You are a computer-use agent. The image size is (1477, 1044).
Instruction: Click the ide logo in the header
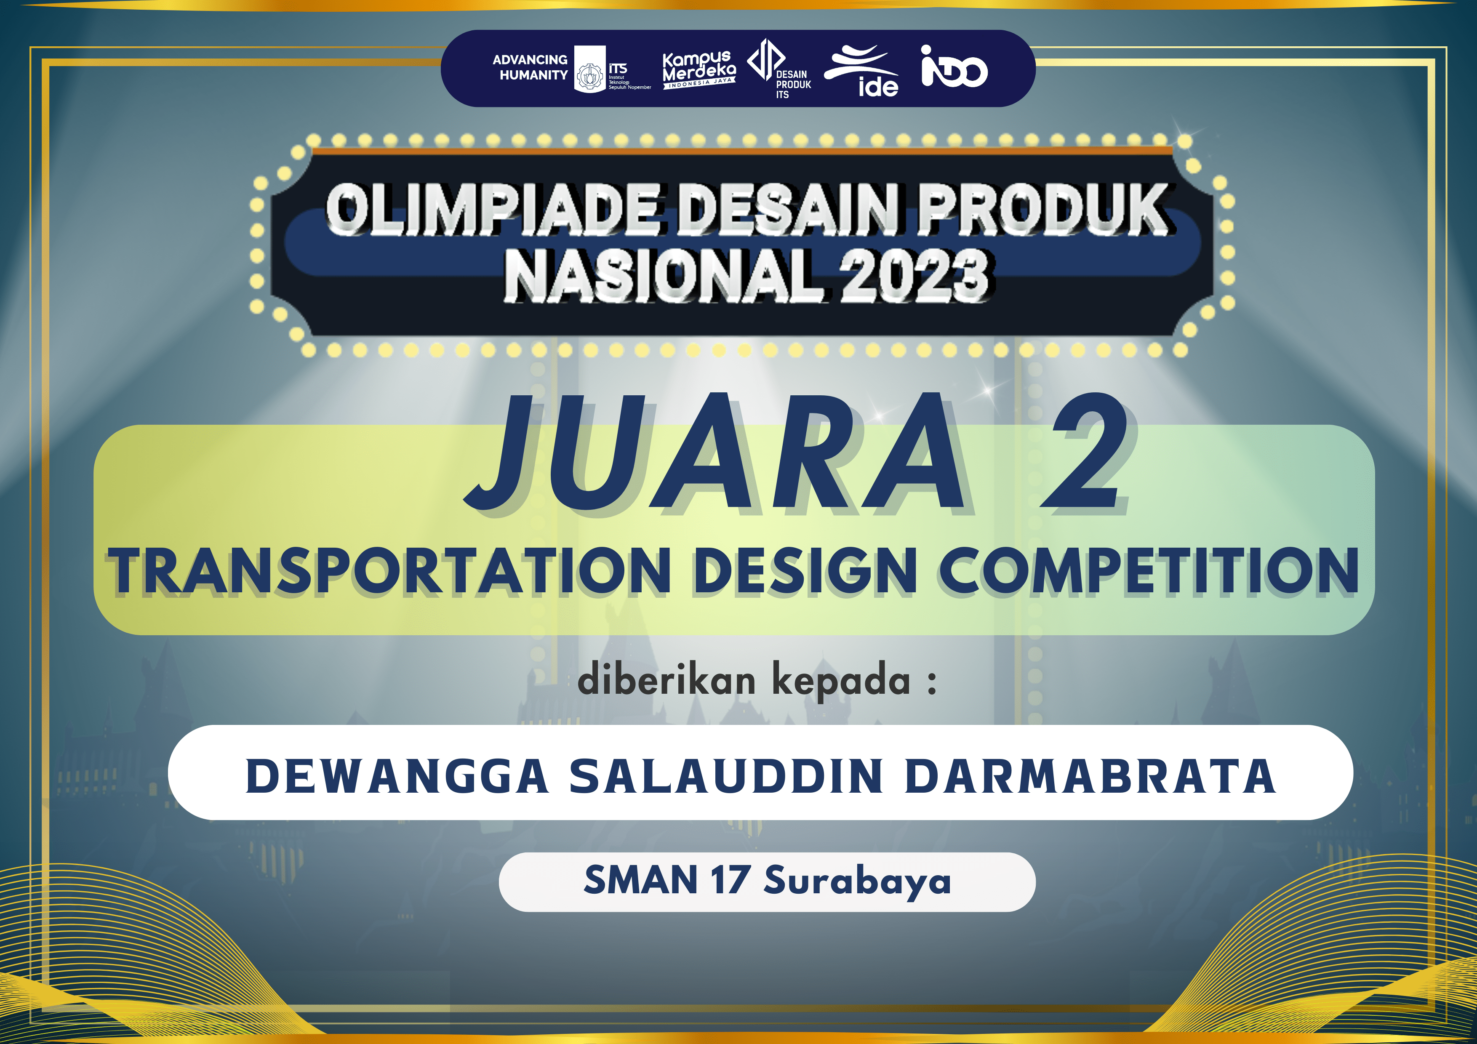862,71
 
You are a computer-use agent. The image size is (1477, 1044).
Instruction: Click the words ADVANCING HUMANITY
530,67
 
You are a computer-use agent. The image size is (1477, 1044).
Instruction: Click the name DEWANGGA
397,776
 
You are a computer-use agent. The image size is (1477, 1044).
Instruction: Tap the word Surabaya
857,881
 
